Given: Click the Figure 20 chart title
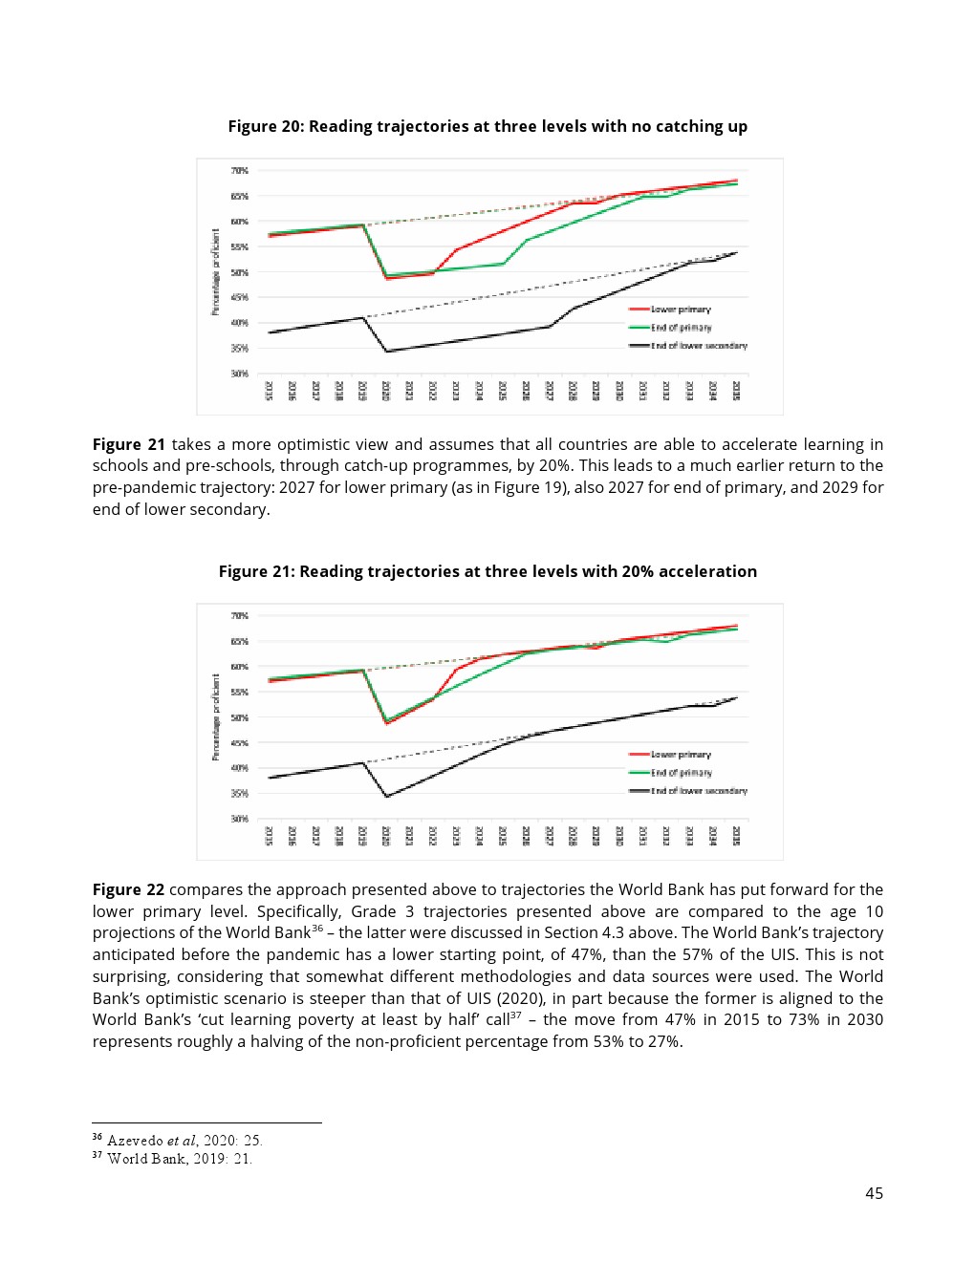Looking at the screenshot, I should click(x=487, y=126).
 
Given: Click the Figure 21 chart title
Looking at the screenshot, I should click(x=487, y=571).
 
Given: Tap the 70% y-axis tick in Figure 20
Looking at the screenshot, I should click(x=239, y=171).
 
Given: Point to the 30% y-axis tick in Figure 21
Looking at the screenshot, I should click(x=239, y=819).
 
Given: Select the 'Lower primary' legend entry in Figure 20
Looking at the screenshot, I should click(x=681, y=310).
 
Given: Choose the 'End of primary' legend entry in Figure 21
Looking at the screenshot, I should click(x=681, y=773).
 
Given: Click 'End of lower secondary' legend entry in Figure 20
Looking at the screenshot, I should click(x=698, y=346).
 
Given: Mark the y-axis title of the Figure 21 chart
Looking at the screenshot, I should click(x=216, y=716).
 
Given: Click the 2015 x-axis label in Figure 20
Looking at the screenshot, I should click(x=269, y=391).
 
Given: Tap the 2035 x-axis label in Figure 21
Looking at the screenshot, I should click(x=736, y=836).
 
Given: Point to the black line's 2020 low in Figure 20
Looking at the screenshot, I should click(x=386, y=352).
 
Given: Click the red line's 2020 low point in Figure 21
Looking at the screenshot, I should click(x=386, y=723).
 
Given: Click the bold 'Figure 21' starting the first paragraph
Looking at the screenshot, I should click(x=128, y=444).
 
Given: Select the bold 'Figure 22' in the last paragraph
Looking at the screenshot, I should click(x=128, y=889).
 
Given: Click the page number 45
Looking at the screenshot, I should click(x=874, y=1193).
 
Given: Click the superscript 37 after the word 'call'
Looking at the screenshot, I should click(x=516, y=1015).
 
